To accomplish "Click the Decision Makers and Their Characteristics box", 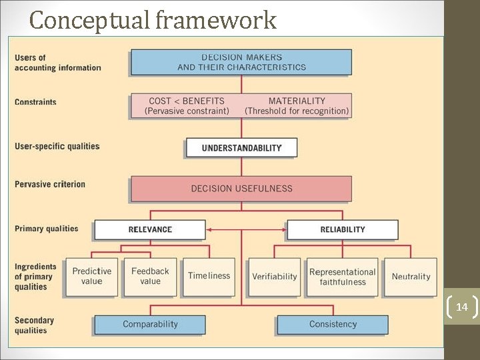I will pyautogui.click(x=241, y=62).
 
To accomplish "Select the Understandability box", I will pyautogui.click(x=241, y=147).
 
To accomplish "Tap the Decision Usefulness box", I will pyautogui.click(x=241, y=188).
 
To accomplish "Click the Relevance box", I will pyautogui.click(x=150, y=229).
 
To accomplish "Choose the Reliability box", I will pyautogui.click(x=343, y=229).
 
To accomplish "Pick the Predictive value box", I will pyautogui.click(x=92, y=277).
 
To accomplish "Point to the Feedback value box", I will pyautogui.click(x=150, y=277).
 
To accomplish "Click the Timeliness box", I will pyautogui.click(x=209, y=277).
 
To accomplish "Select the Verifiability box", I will pyautogui.click(x=275, y=277).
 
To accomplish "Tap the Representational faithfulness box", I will pyautogui.click(x=343, y=277).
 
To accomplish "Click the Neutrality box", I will pyautogui.click(x=411, y=277).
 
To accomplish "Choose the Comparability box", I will pyautogui.click(x=150, y=325).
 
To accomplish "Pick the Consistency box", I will pyautogui.click(x=333, y=325).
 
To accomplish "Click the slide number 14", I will pyautogui.click(x=462, y=307).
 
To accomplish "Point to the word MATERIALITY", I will pyautogui.click(x=297, y=101).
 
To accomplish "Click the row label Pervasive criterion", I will pyautogui.click(x=50, y=184).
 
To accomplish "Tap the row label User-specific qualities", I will pyautogui.click(x=57, y=147).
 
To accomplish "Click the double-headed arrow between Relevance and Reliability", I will pyautogui.click(x=246, y=229).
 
